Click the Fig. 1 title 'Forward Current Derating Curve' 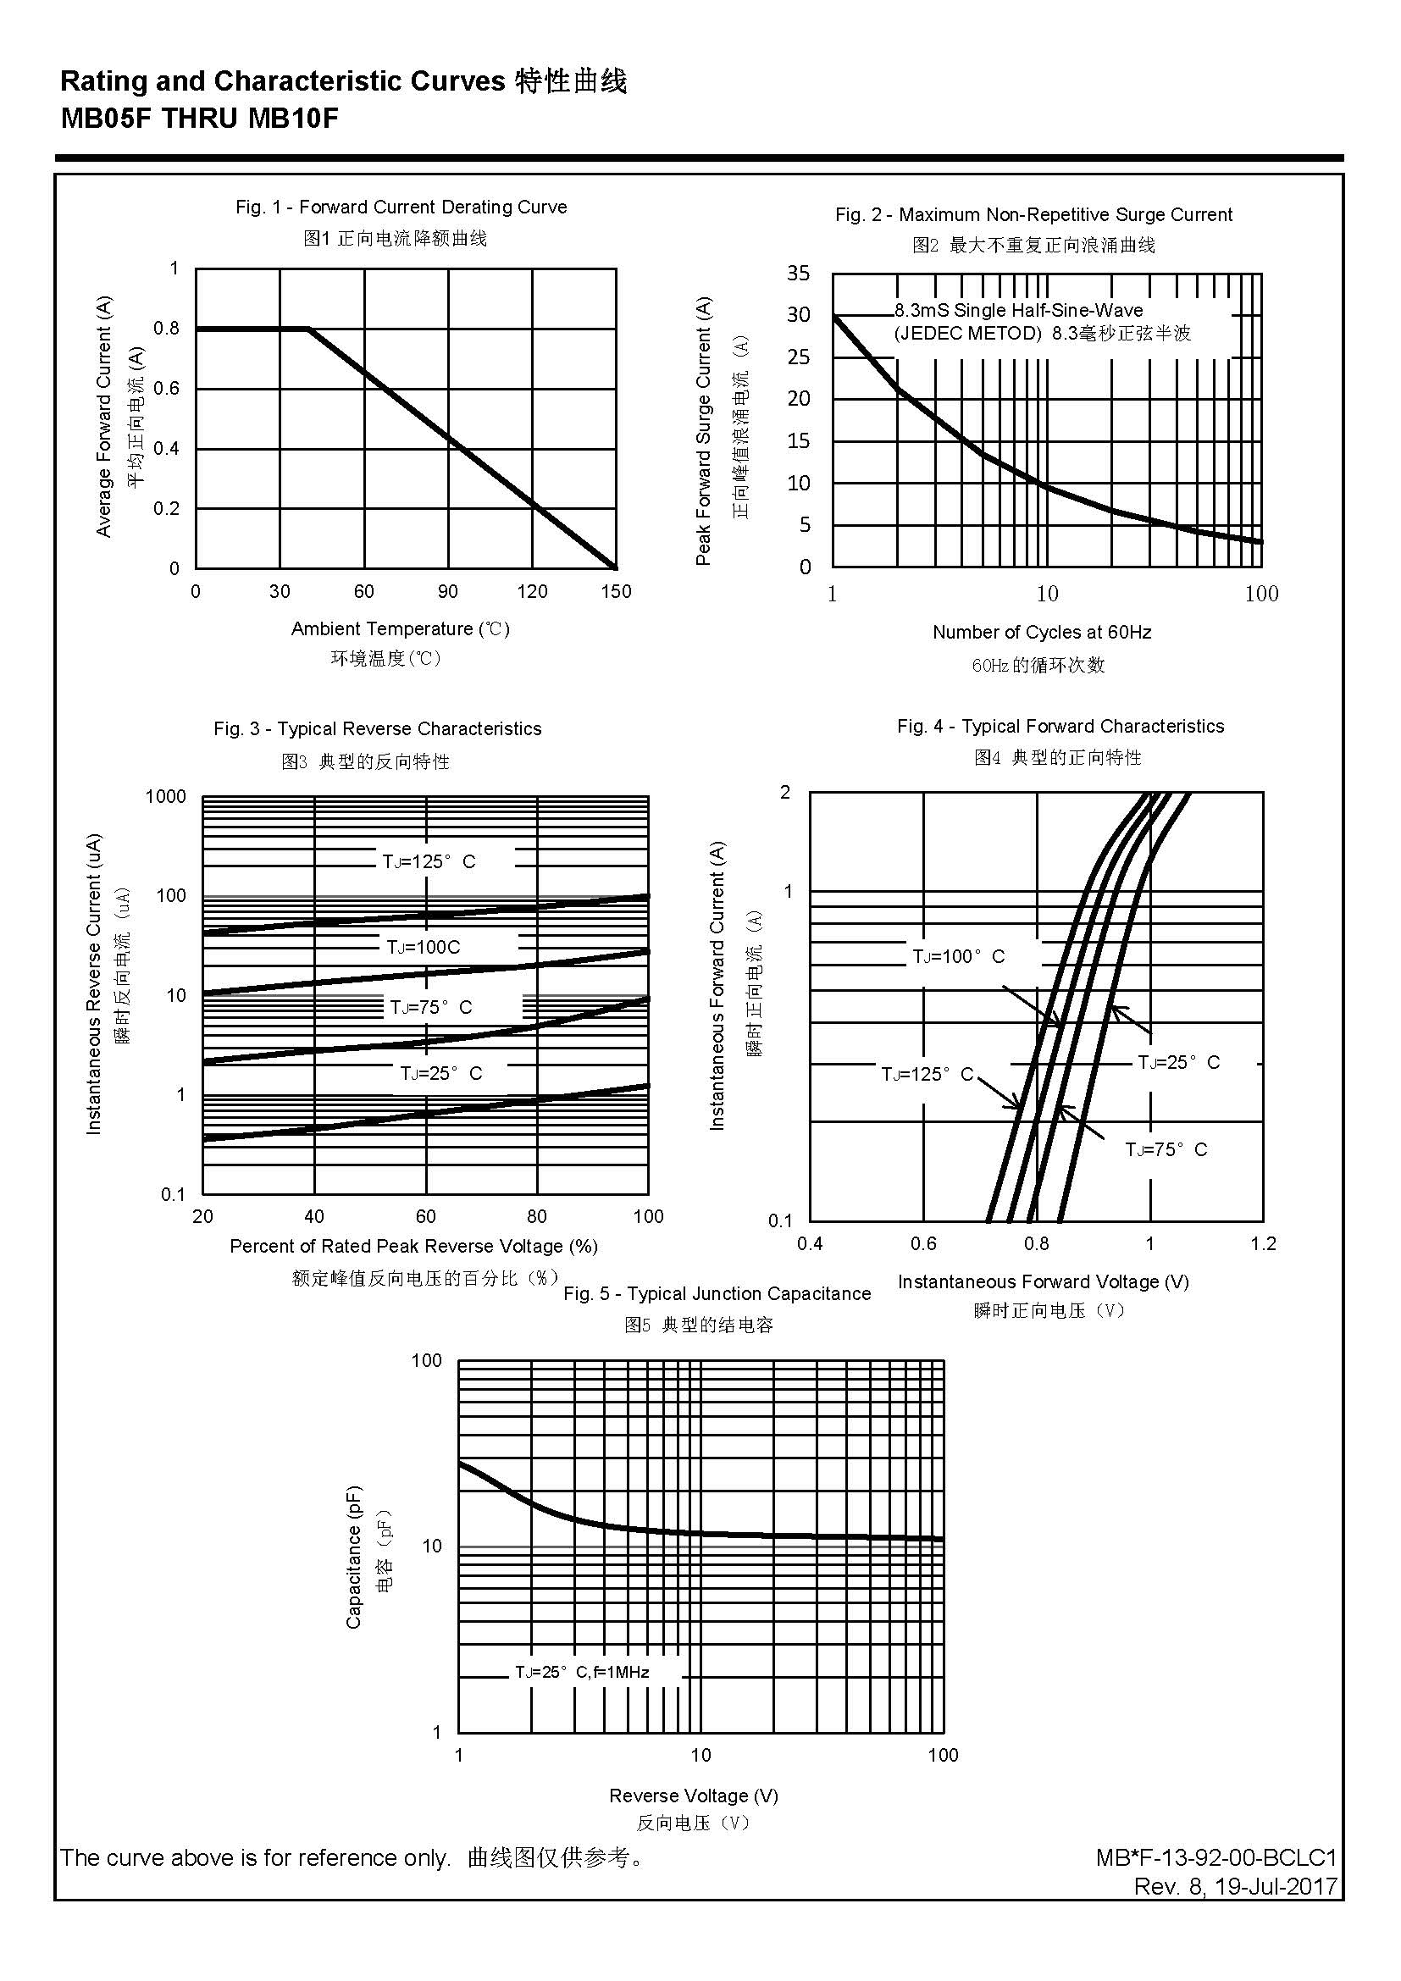click(401, 207)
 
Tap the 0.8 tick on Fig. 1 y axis click(167, 329)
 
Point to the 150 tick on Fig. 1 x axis click(616, 592)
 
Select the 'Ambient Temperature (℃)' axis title click(401, 629)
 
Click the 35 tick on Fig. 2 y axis click(798, 274)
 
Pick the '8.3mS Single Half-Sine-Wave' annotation click(1018, 311)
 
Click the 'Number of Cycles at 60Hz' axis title click(1041, 633)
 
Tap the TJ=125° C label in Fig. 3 click(429, 861)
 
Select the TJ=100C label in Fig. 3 click(424, 948)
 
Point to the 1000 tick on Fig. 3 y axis click(166, 796)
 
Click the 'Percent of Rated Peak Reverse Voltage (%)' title click(413, 1246)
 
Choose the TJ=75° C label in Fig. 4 click(1166, 1149)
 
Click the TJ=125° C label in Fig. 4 click(927, 1074)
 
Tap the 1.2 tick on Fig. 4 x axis click(1263, 1243)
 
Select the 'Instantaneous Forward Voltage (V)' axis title click(1043, 1282)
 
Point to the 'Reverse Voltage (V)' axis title click(694, 1796)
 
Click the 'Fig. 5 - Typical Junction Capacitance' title click(717, 1294)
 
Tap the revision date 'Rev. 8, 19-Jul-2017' click(1235, 1886)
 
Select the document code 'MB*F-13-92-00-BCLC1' click(1216, 1857)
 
